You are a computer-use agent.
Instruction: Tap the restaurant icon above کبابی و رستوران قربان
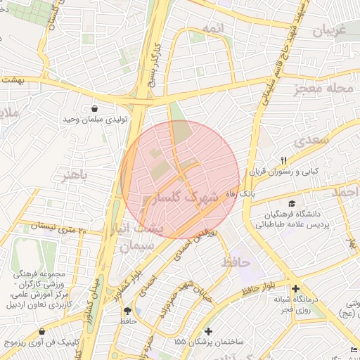coord(284,160)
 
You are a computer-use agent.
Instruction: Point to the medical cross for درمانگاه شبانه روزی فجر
coord(295,288)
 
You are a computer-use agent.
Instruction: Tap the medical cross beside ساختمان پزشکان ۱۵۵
coord(207,330)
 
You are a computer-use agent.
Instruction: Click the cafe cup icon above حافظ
coord(127,311)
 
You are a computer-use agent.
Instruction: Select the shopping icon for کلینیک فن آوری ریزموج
coord(43,331)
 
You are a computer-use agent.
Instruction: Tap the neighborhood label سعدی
coord(311,140)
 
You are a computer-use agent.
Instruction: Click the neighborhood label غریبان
coord(328,32)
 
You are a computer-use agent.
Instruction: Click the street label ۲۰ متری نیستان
coord(52,229)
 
